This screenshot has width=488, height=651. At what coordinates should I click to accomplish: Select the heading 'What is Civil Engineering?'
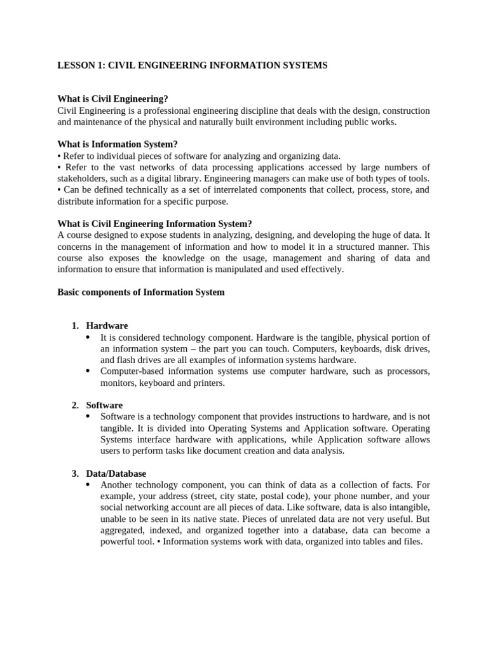[x=112, y=99]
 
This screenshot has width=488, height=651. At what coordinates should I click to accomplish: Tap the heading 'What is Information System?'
[x=113, y=144]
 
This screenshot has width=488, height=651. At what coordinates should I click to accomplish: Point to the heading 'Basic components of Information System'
[x=140, y=292]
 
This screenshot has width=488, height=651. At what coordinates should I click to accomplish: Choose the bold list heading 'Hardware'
[x=107, y=326]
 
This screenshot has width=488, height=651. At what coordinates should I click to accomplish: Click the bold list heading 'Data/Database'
[x=116, y=474]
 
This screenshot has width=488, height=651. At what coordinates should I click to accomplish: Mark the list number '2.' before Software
[x=75, y=406]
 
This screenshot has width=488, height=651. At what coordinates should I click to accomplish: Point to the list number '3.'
[x=75, y=474]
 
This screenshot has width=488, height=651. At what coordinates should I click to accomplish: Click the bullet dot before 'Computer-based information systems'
[x=88, y=371]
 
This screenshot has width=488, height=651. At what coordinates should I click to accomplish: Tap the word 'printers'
[x=208, y=383]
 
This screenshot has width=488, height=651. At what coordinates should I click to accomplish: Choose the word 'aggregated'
[x=123, y=531]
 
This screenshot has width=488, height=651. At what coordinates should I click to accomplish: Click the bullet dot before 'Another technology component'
[x=88, y=485]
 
